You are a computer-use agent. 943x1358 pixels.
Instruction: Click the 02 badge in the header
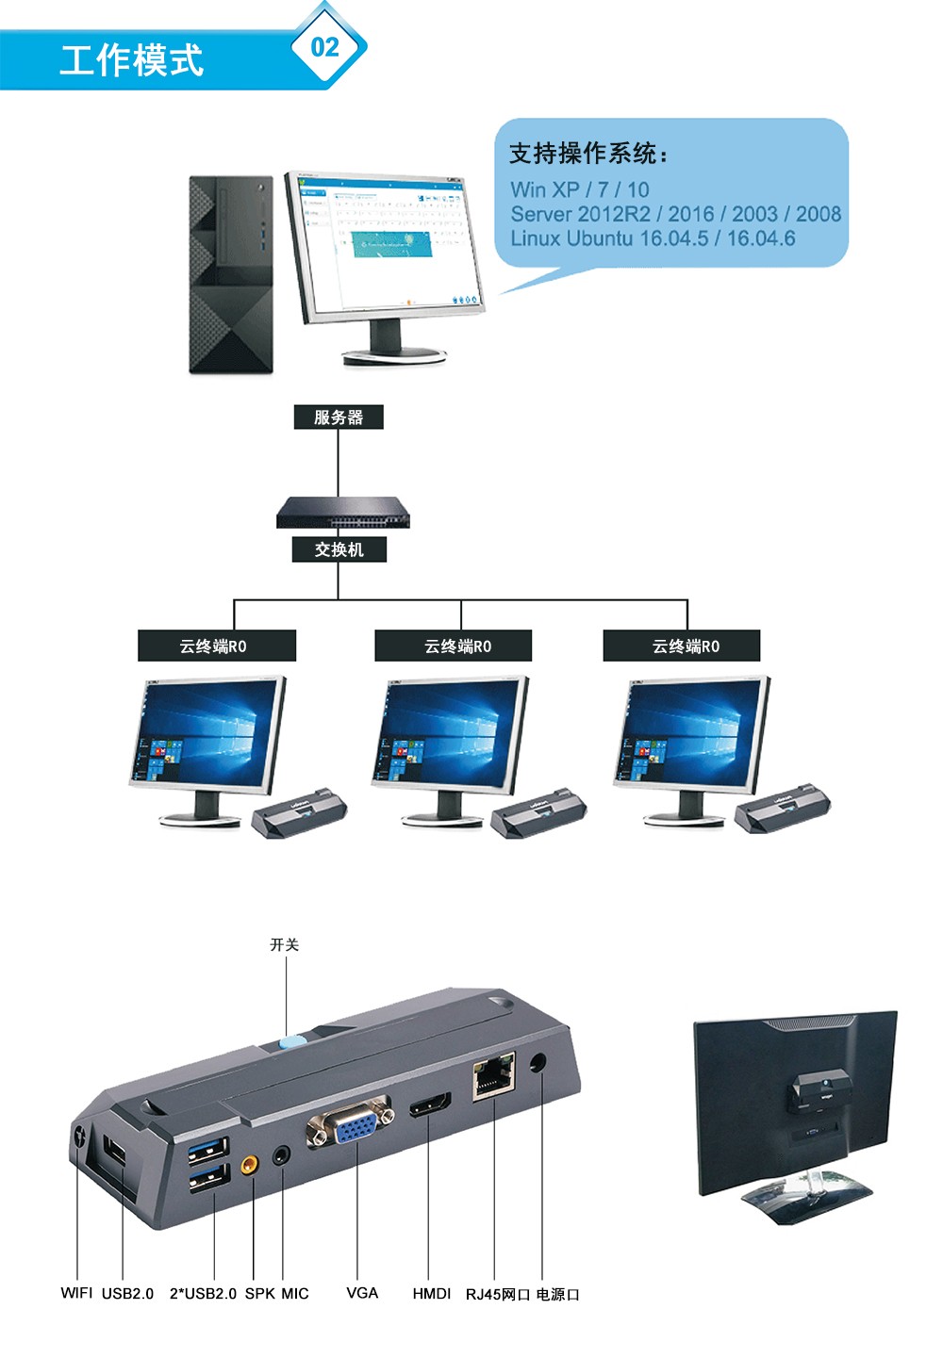click(324, 46)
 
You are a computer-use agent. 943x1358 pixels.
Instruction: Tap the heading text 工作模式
click(131, 60)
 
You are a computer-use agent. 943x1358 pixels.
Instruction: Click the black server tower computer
click(231, 274)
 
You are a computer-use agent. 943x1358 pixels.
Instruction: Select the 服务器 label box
click(339, 417)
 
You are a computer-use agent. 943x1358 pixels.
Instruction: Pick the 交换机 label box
click(339, 549)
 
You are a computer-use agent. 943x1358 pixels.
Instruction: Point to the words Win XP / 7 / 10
click(580, 189)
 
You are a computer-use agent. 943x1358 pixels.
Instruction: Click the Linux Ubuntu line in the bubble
click(653, 238)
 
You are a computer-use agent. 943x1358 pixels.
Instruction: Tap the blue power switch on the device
click(291, 1042)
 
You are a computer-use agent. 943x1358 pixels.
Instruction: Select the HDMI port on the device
click(430, 1104)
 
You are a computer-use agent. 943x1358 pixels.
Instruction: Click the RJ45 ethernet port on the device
click(493, 1075)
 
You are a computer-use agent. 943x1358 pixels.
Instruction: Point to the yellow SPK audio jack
click(250, 1165)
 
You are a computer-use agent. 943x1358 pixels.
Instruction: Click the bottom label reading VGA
click(362, 1293)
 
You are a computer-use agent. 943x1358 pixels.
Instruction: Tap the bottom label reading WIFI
click(76, 1293)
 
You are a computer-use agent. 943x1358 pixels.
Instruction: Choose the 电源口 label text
click(557, 1294)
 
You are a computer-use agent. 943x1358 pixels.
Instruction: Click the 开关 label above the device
click(284, 944)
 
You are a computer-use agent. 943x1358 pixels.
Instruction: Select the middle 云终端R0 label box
click(454, 646)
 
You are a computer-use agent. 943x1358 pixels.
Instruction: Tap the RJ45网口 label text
click(498, 1294)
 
